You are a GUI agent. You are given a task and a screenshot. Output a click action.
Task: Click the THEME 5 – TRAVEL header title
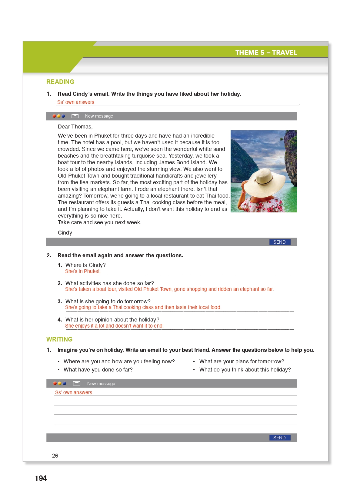(x=266, y=52)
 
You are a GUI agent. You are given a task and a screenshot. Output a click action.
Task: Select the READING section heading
(x=60, y=82)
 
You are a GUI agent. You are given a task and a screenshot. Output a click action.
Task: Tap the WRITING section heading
(x=59, y=339)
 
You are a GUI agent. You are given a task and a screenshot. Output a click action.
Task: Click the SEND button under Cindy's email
(x=279, y=242)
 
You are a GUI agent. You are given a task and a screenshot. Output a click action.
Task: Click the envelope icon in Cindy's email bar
(x=75, y=116)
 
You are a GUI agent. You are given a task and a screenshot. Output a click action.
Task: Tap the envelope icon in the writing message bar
(x=77, y=383)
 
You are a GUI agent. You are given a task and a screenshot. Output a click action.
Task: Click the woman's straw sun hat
(x=264, y=181)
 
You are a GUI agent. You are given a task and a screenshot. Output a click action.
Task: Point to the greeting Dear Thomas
(x=75, y=127)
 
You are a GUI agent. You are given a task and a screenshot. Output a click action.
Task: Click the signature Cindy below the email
(x=65, y=233)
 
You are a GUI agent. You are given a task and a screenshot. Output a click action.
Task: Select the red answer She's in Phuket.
(x=83, y=271)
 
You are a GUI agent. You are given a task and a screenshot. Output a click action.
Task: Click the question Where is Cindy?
(x=85, y=265)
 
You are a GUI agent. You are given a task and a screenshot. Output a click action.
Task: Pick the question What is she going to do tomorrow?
(x=108, y=301)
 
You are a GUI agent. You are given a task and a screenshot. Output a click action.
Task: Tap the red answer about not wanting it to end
(x=114, y=326)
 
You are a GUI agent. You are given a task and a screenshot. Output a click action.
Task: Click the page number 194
(x=41, y=478)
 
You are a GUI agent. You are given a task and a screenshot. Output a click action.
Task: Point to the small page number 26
(x=55, y=456)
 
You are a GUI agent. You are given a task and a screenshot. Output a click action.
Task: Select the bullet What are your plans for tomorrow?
(x=242, y=361)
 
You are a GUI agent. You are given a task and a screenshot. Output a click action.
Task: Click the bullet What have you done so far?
(x=98, y=370)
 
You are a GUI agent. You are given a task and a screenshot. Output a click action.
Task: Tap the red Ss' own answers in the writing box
(x=74, y=393)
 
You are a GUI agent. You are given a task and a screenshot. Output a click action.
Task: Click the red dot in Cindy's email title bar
(x=54, y=116)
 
